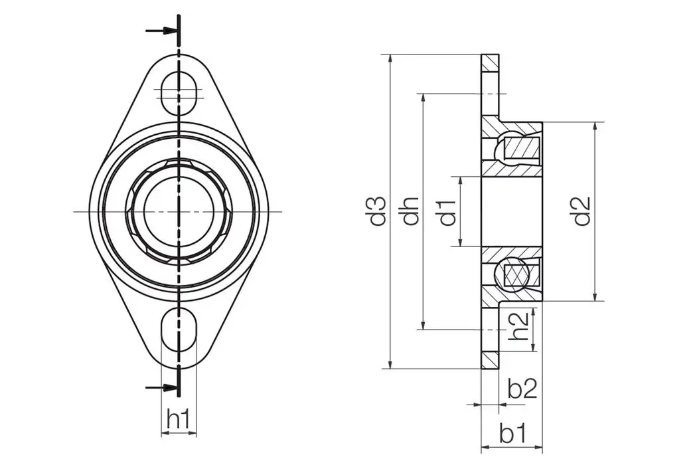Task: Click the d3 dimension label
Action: click(378, 211)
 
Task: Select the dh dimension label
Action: click(411, 211)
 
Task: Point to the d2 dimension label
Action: click(583, 211)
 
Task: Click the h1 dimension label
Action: click(179, 419)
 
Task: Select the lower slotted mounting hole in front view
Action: click(179, 331)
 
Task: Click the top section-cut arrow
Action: click(161, 31)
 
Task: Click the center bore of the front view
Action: click(179, 211)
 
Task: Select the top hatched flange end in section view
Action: click(491, 64)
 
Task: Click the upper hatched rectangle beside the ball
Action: click(523, 147)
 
